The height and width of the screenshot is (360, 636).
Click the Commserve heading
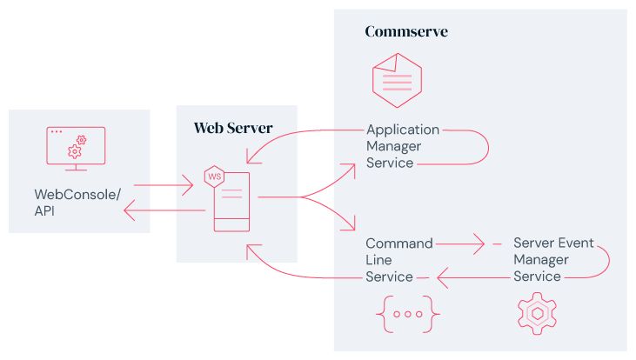pos(406,32)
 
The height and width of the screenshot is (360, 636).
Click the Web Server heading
pos(232,129)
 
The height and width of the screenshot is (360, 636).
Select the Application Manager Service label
pos(402,146)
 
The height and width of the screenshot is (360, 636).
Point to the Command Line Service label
pos(398,260)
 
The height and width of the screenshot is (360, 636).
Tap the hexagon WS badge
pos(212,177)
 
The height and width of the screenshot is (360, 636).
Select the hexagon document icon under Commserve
pos(396,80)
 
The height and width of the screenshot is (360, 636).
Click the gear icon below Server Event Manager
pos(536,314)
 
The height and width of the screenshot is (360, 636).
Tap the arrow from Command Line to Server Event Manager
pos(462,244)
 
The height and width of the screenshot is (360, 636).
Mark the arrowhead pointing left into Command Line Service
pos(442,278)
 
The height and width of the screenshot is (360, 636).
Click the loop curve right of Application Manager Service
pos(479,147)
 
